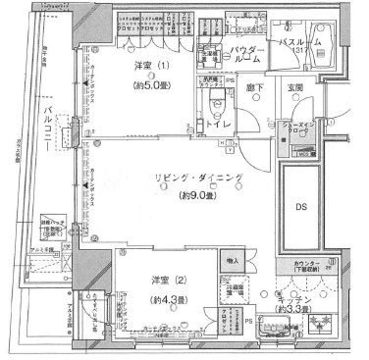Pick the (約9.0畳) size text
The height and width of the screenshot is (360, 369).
[193, 197]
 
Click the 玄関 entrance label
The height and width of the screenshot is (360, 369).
[296, 89]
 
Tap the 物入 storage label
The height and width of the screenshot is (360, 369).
[232, 260]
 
